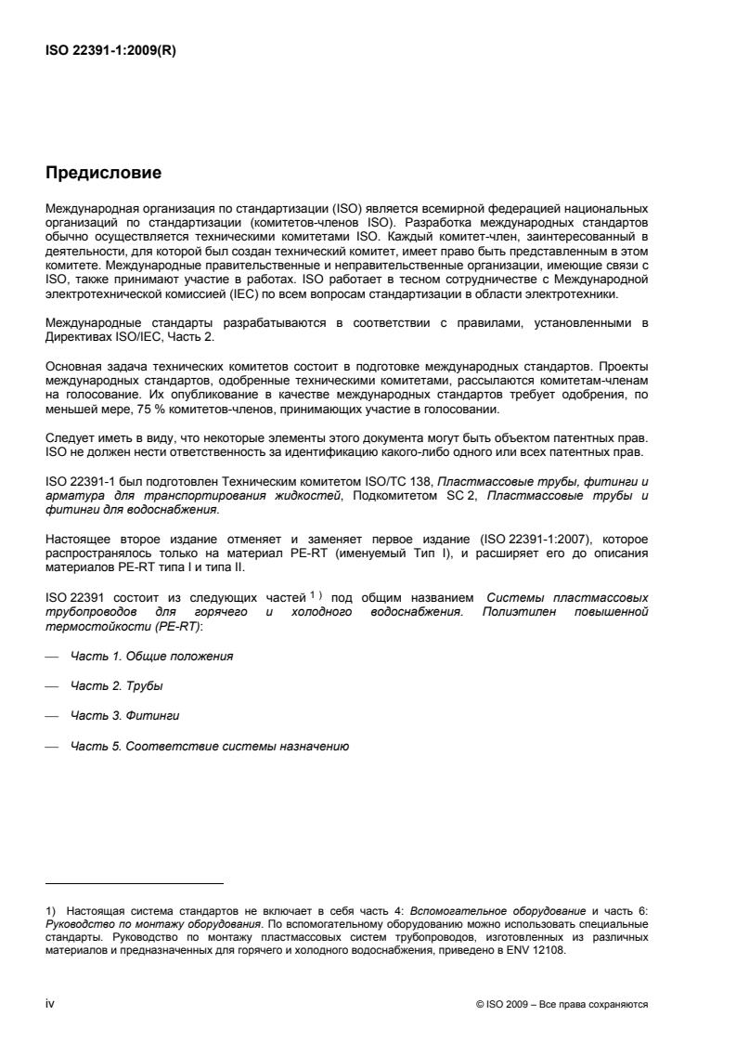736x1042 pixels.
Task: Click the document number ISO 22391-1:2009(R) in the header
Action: [110, 52]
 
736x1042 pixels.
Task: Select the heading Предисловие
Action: [104, 172]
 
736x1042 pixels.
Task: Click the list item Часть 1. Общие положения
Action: [152, 656]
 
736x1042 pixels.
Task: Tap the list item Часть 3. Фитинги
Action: [125, 716]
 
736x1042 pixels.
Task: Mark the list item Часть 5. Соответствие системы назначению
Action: [210, 747]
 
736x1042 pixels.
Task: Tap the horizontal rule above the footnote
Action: [135, 883]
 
